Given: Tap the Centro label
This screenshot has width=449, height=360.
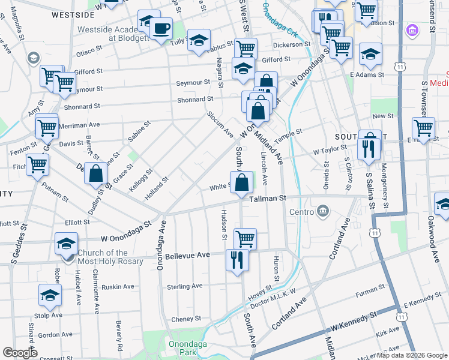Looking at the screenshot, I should [302, 212].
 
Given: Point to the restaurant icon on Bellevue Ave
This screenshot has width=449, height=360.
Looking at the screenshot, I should [237, 260].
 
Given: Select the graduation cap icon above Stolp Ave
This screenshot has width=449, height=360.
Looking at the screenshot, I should [50, 295].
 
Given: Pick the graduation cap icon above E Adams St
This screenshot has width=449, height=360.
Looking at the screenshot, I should [371, 54].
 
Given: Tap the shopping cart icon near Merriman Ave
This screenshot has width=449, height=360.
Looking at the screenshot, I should [46, 127].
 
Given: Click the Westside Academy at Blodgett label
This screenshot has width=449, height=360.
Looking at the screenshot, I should [112, 32].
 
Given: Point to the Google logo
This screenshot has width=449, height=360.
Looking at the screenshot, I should [20, 353].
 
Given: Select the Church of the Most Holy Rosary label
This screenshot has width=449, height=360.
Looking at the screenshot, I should [103, 257].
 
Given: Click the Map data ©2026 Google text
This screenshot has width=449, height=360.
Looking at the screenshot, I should [411, 355].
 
